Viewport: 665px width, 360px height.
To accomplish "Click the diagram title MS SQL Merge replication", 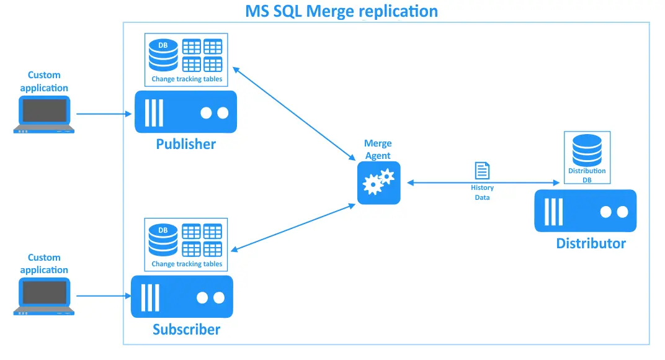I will click(342, 11).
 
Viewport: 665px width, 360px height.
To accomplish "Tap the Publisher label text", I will click(185, 144).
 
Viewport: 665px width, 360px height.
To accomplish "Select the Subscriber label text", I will click(186, 329).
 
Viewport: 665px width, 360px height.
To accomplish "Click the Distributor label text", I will click(591, 243).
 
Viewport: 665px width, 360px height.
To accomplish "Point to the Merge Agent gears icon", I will click(378, 182).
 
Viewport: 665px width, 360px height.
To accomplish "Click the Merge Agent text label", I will click(378, 150).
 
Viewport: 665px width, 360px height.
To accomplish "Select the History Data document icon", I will click(482, 171).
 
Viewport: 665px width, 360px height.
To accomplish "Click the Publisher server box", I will click(185, 112).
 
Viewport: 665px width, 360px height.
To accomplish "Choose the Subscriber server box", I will click(182, 297).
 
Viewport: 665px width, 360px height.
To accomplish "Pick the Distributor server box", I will click(585, 211).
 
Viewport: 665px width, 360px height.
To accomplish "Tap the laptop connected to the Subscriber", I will click(44, 296).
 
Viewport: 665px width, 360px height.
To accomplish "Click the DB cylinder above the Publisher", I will click(163, 55).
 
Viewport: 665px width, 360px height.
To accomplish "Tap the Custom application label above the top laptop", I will click(44, 81).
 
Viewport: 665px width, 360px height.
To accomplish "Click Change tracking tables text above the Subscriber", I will click(187, 264).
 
